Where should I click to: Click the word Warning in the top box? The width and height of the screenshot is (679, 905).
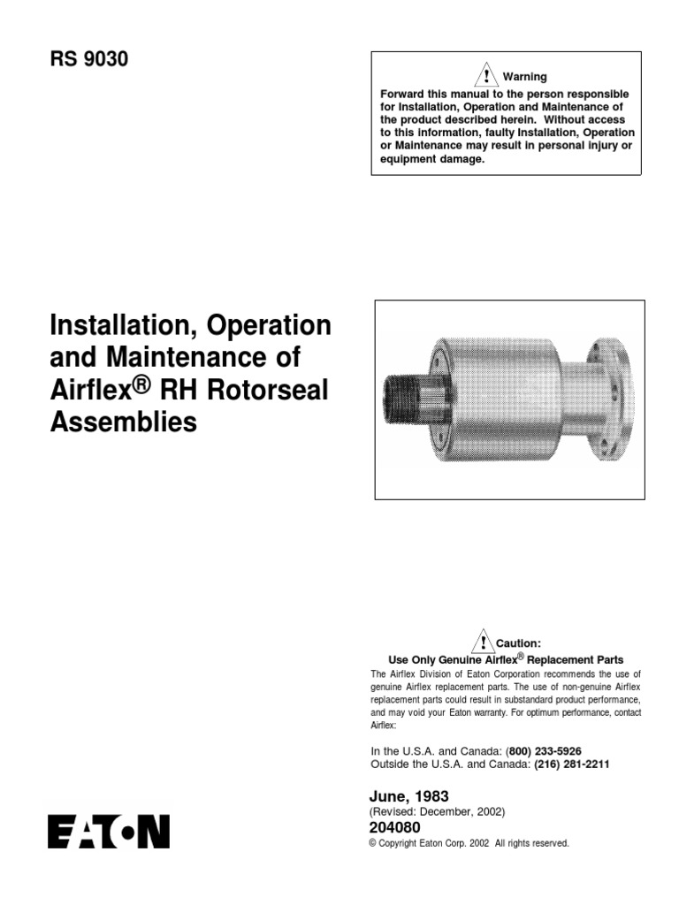point(525,77)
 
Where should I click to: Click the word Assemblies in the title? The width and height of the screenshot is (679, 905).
point(123,422)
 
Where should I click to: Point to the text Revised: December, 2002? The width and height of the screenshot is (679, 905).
point(437,811)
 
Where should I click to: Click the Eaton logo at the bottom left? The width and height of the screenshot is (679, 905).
point(109,832)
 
